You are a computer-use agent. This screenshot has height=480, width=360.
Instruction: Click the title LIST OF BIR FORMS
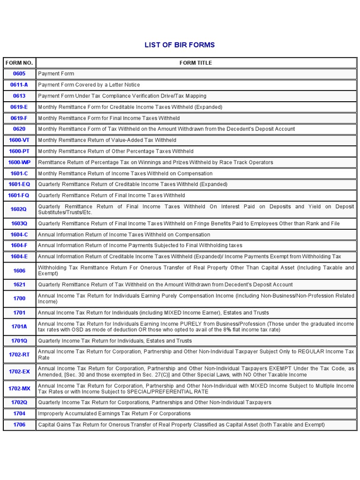(180, 45)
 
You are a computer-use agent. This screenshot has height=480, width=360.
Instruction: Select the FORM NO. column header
(19, 63)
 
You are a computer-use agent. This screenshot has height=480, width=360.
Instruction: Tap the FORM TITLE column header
(195, 63)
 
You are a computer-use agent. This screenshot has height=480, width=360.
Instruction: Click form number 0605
(19, 74)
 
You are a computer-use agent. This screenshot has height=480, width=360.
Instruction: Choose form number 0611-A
(19, 85)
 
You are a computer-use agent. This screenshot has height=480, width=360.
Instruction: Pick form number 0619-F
(19, 118)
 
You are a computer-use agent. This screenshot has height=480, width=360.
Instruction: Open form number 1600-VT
(19, 140)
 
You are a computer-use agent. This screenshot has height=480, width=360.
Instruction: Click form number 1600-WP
(19, 162)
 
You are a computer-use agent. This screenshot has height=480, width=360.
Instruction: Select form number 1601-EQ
(19, 184)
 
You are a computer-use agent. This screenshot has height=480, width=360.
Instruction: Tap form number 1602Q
(19, 210)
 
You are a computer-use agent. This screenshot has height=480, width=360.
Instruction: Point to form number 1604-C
(19, 234)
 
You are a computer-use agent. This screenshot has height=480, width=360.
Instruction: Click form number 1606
(19, 270)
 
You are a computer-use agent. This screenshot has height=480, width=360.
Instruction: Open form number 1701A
(19, 327)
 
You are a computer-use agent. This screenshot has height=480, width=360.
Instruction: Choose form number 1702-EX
(19, 371)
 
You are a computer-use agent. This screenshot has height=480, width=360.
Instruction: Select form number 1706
(19, 425)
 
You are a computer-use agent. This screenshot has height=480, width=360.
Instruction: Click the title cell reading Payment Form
(56, 74)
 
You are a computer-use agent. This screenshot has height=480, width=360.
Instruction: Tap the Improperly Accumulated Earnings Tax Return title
(114, 413)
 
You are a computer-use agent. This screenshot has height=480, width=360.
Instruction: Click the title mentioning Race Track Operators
(155, 162)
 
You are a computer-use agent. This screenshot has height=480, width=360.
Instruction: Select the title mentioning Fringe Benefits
(189, 224)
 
